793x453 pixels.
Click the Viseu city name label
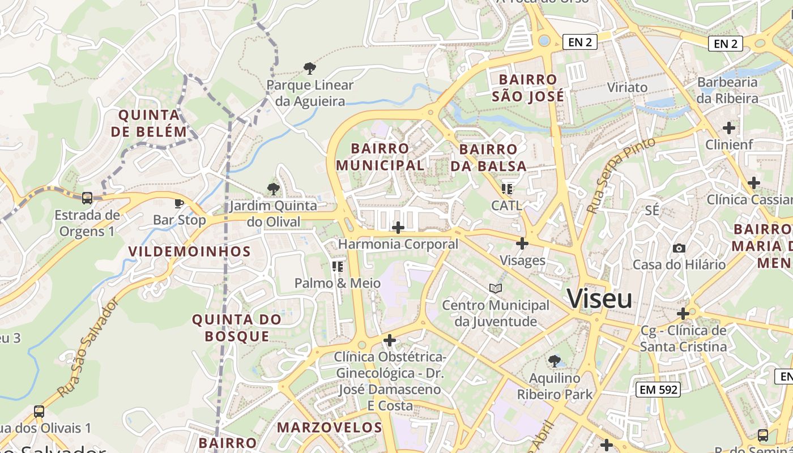600,298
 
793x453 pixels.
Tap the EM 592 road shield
658,389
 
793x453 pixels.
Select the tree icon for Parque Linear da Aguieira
309,69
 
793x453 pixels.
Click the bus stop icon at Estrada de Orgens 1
87,198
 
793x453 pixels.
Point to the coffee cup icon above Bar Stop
179,203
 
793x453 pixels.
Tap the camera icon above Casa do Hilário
679,248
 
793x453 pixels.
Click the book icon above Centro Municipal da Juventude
496,288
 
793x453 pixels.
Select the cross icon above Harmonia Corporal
398,228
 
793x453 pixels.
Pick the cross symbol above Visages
522,243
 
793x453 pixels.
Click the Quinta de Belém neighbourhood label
152,123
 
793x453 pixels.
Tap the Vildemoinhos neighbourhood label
189,251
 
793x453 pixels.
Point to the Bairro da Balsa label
488,157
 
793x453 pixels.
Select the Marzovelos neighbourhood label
330,427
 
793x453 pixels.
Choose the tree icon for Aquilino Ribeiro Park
554,361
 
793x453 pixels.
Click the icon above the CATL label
506,189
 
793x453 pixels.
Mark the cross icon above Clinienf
729,128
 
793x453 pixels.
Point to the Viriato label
627,87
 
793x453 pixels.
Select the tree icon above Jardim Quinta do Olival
274,189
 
